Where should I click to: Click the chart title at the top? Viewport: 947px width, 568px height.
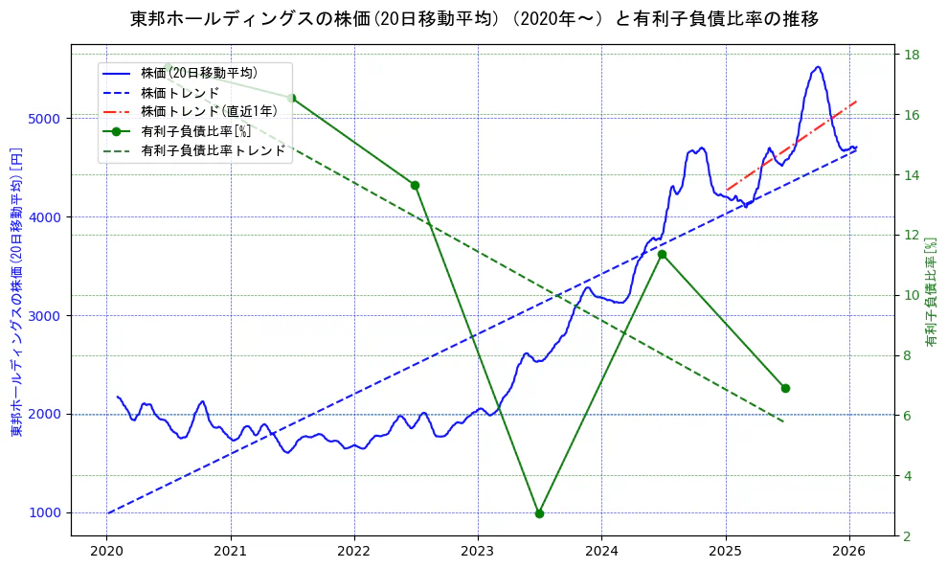474,19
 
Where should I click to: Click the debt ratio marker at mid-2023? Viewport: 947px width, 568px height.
539,513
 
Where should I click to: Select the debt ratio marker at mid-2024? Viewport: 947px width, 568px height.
662,254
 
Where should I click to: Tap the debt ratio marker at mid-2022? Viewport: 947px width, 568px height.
415,185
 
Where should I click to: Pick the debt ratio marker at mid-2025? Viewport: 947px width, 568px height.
785,388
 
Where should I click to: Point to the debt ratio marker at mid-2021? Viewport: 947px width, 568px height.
291,98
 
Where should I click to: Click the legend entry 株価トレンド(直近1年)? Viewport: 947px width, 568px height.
209,111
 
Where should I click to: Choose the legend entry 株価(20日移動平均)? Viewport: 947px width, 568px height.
198,72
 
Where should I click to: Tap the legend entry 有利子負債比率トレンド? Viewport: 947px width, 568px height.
213,150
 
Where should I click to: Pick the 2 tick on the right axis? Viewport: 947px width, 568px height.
909,535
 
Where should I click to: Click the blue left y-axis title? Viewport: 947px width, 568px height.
16,292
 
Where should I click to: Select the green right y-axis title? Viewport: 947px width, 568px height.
931,292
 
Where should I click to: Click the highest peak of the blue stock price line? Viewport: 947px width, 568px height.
818,67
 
